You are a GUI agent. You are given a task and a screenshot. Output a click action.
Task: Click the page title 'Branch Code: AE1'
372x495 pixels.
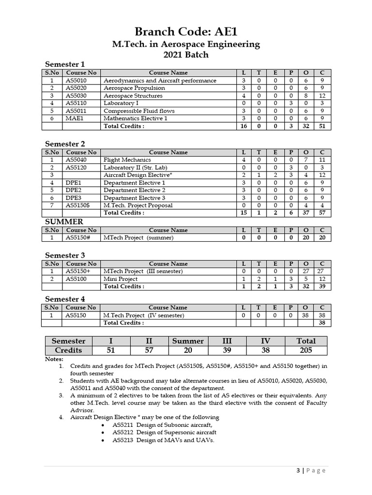click(x=186, y=32)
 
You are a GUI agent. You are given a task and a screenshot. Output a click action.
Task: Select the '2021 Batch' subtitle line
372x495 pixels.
click(x=186, y=55)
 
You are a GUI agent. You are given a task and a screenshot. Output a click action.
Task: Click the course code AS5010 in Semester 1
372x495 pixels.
click(x=76, y=81)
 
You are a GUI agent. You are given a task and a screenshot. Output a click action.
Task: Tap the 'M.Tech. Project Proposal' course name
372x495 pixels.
click(x=138, y=205)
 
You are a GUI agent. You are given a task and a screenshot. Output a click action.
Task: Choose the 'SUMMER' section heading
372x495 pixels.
click(x=64, y=221)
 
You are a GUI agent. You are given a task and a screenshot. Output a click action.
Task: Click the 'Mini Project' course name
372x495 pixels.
click(x=121, y=279)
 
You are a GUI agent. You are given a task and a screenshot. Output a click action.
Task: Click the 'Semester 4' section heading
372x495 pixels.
click(x=65, y=299)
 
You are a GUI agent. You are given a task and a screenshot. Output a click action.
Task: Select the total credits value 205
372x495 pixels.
click(x=306, y=350)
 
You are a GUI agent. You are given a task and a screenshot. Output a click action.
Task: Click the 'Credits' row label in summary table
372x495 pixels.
click(x=68, y=350)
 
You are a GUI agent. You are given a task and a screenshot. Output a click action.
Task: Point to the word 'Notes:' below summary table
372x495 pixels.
click(x=54, y=359)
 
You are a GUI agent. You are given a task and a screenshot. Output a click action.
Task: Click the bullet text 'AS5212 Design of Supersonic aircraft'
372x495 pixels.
click(x=164, y=432)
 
